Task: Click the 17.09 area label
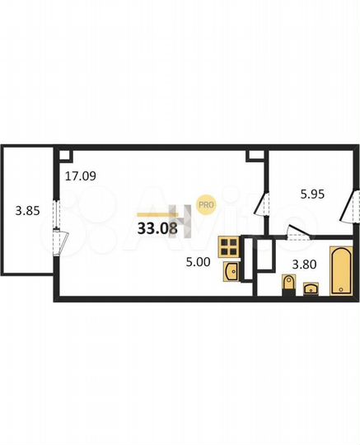coord(81,175)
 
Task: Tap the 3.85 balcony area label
coord(27,210)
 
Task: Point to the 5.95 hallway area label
coord(311,195)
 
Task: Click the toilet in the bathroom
coord(287,285)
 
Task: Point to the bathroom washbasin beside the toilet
coord(311,288)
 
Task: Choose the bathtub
coord(341,269)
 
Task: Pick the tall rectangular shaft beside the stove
coord(265,256)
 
